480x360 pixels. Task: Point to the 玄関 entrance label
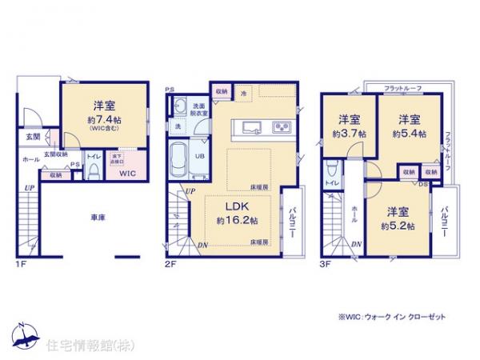pyautogui.click(x=30, y=138)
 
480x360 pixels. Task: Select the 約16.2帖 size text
pyautogui.click(x=237, y=219)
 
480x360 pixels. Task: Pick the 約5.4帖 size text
pyautogui.click(x=410, y=133)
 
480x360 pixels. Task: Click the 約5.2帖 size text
pyautogui.click(x=397, y=226)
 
